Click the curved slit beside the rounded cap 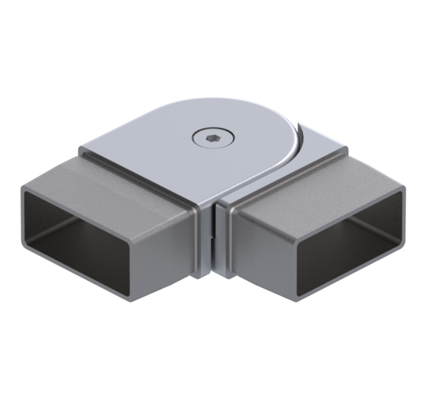click(x=299, y=137)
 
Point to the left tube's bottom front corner click(x=132, y=299)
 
